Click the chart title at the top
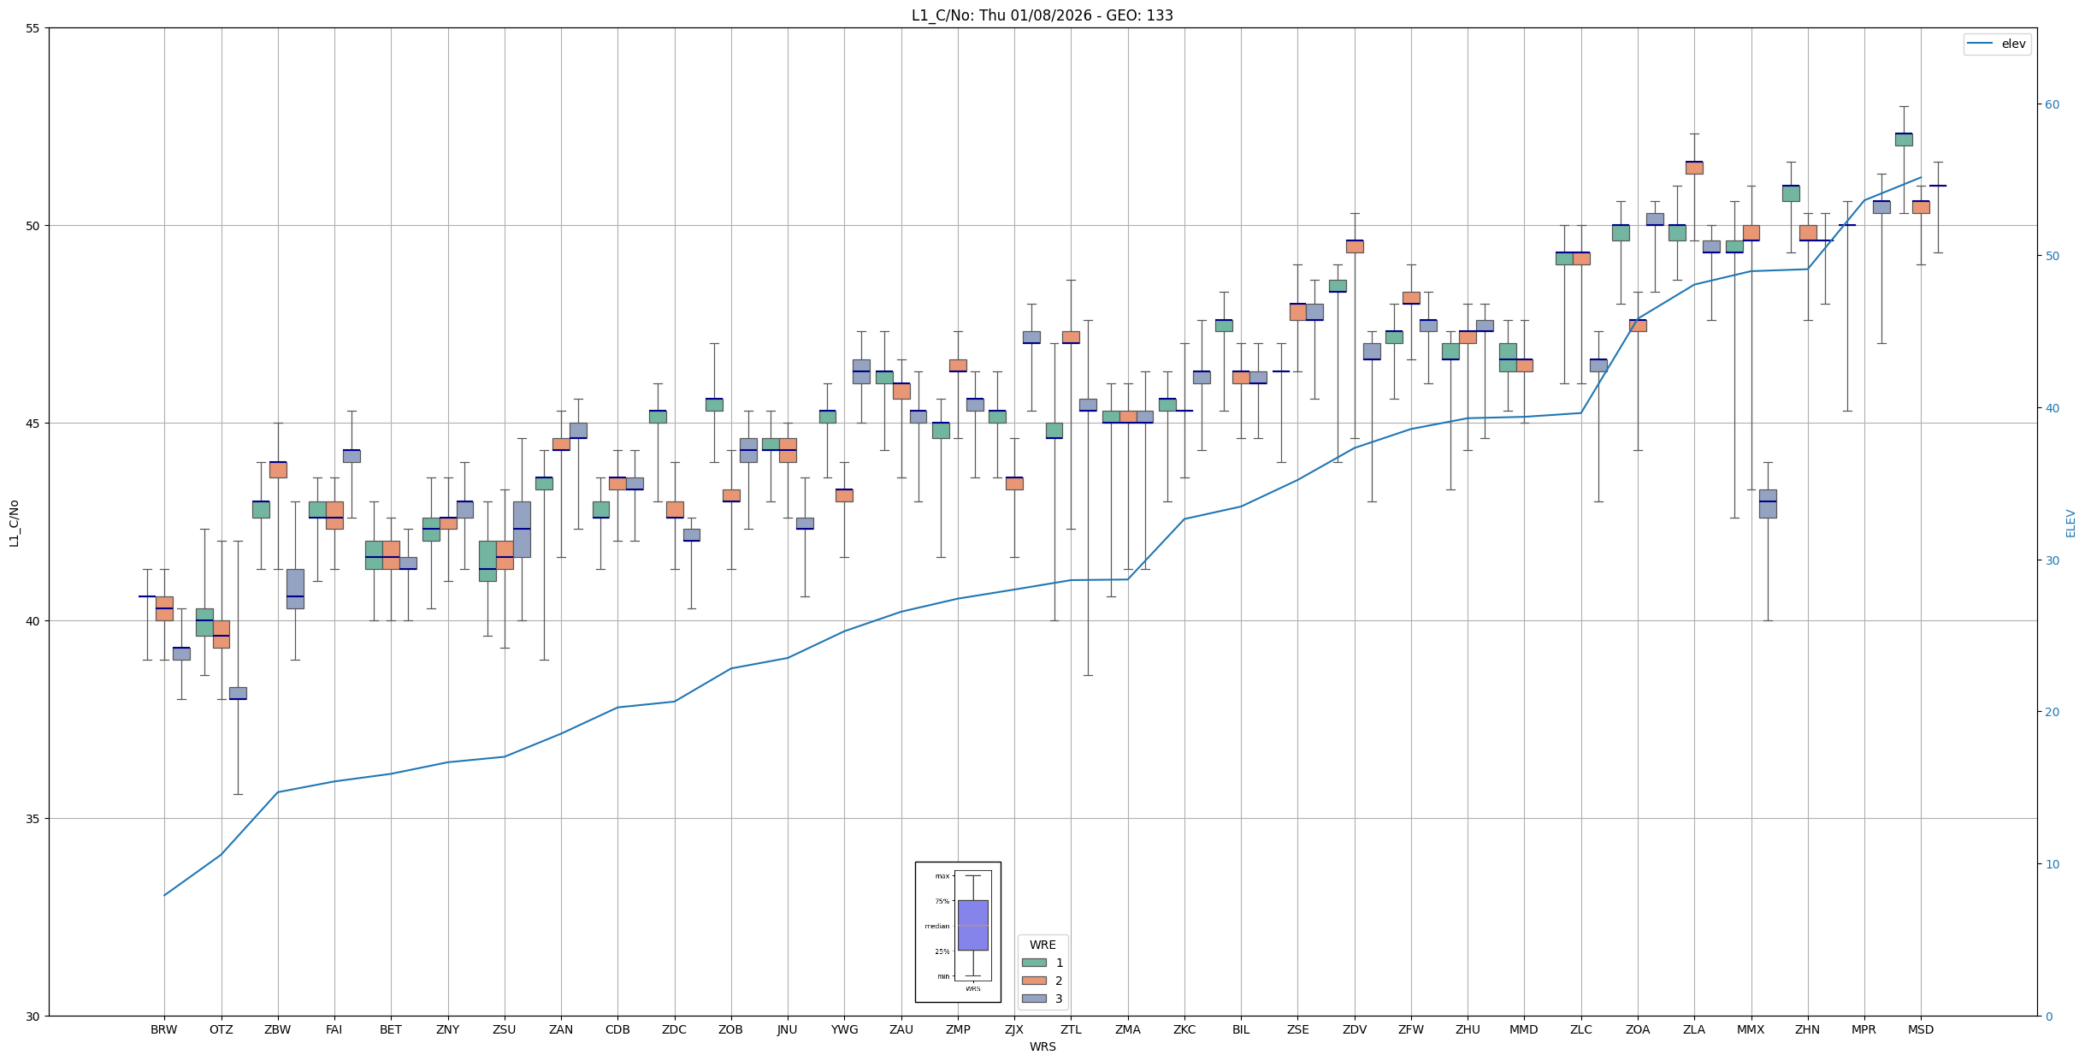pos(1042,15)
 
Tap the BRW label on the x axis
pos(163,1029)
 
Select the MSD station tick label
pos(1920,1029)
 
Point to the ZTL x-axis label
pos(1070,1029)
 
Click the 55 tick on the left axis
pos(33,28)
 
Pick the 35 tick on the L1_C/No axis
pos(33,819)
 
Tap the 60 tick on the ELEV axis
pos(2052,104)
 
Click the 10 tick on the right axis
pos(2052,864)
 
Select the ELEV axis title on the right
pos(2070,523)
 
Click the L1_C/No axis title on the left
pos(14,523)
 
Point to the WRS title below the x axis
pos(1042,1046)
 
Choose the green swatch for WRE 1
pos(1033,963)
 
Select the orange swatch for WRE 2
pos(1033,981)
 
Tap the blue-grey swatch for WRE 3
pos(1033,999)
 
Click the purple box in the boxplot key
pos(972,925)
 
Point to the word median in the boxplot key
pos(936,926)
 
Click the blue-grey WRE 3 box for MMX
pos(1767,504)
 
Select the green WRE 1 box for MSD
pos(1903,139)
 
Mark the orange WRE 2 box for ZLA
pos(1693,168)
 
